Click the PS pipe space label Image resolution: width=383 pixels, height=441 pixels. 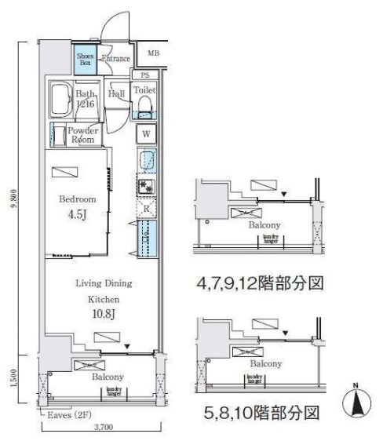tap(144, 75)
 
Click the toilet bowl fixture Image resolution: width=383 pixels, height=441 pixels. tap(144, 104)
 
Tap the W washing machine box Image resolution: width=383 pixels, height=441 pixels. tap(144, 134)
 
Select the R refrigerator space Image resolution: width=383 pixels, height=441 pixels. tap(145, 209)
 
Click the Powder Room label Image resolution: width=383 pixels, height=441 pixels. tap(82, 135)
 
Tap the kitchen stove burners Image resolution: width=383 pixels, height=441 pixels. tap(145, 187)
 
